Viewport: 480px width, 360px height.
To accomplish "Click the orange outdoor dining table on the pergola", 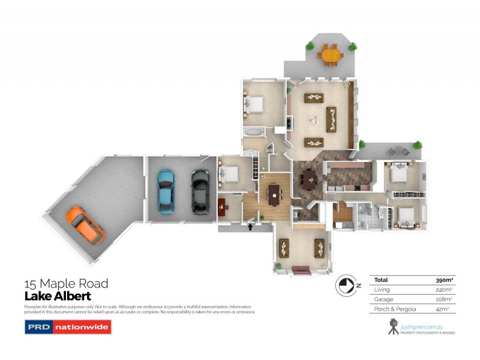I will click(331, 55).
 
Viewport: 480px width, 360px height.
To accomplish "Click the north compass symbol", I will click(346, 285).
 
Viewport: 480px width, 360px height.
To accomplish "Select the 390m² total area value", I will click(443, 280).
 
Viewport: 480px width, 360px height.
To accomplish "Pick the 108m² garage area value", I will click(443, 299).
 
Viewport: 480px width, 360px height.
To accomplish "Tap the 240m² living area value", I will click(443, 289).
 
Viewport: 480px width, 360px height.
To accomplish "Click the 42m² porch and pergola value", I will click(445, 308).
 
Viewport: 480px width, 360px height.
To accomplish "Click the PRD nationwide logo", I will click(67, 327).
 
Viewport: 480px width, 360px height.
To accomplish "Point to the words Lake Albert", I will click(58, 296).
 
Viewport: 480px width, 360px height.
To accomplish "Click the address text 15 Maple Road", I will click(66, 284).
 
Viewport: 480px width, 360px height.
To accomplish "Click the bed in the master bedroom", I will click(254, 106).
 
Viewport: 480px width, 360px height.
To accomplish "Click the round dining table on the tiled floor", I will click(310, 178).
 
